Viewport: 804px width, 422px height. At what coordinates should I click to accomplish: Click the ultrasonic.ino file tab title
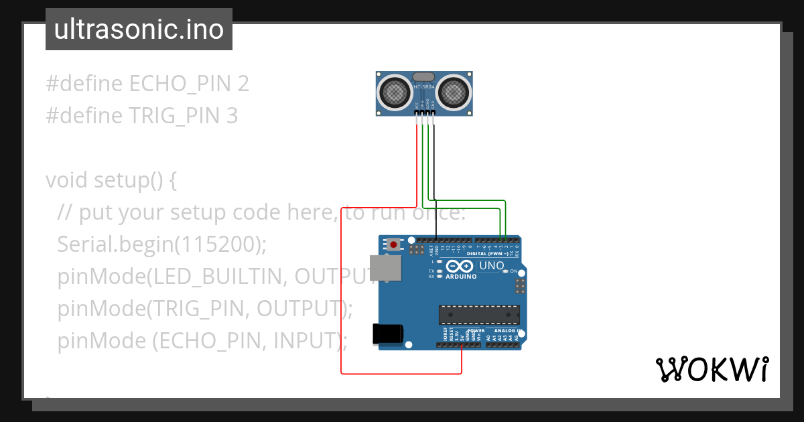pyautogui.click(x=139, y=29)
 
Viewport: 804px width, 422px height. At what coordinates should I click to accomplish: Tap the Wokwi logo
pyautogui.click(x=712, y=369)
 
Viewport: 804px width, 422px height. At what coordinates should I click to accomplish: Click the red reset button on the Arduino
pyautogui.click(x=402, y=244)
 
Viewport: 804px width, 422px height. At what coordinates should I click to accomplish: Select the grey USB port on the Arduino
pyautogui.click(x=386, y=267)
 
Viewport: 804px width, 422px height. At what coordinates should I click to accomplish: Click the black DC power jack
pyautogui.click(x=388, y=334)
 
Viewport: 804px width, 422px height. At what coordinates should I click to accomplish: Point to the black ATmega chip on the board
pyautogui.click(x=479, y=314)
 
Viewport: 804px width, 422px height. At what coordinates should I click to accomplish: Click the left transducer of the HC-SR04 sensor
pyautogui.click(x=395, y=92)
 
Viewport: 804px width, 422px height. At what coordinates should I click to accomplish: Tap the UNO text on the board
pyautogui.click(x=491, y=266)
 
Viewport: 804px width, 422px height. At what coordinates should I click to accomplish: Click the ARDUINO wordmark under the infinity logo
pyautogui.click(x=461, y=276)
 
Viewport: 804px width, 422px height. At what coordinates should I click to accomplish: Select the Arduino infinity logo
pyautogui.click(x=461, y=267)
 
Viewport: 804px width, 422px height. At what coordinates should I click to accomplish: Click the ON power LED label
pyautogui.click(x=514, y=271)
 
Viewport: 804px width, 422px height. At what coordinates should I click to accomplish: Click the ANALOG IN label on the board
pyautogui.click(x=508, y=331)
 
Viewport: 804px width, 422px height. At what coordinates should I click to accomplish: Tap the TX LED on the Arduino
pyautogui.click(x=439, y=271)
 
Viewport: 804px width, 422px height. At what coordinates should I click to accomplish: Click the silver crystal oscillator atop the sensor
pyautogui.click(x=423, y=77)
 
